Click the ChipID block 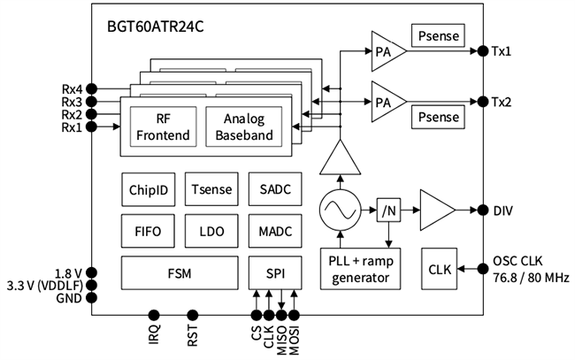click(x=148, y=188)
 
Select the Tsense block click(x=211, y=188)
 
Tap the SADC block click(x=275, y=188)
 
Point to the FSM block click(x=180, y=272)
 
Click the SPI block click(x=275, y=272)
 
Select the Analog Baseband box click(x=244, y=127)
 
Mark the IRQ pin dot click(x=153, y=315)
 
